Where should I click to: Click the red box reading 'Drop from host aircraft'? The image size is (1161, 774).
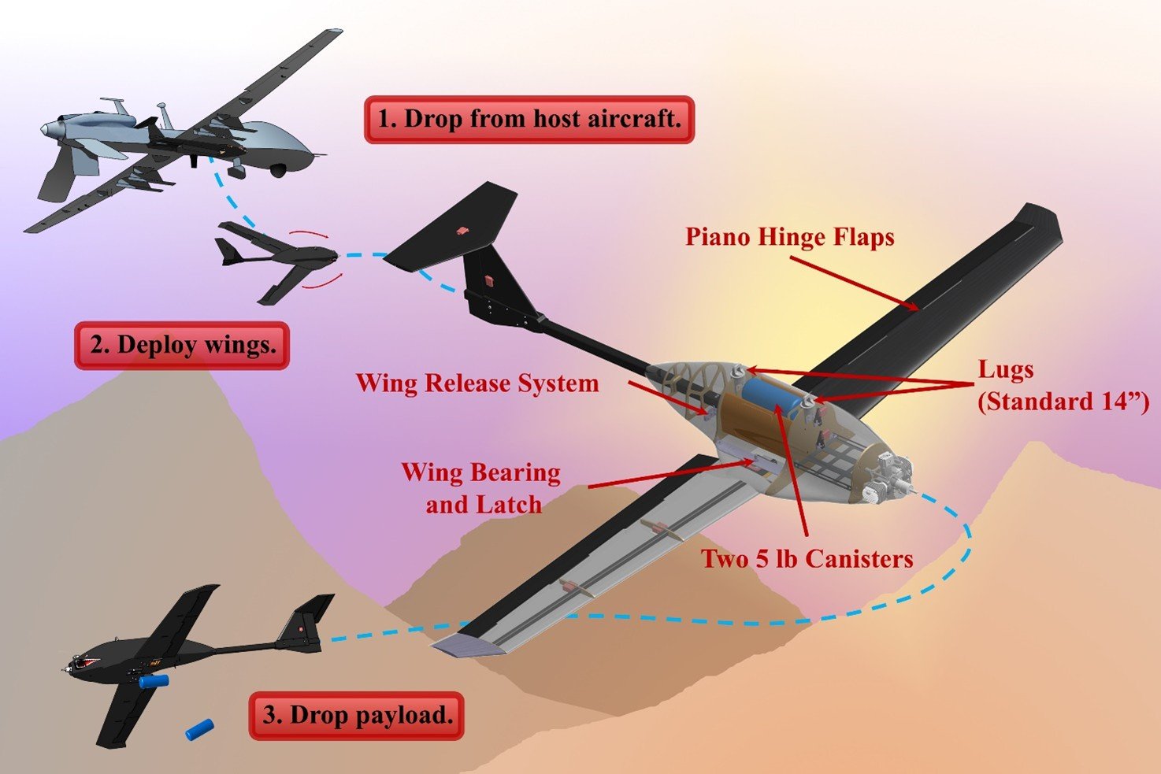[529, 120]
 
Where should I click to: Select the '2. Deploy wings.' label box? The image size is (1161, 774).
[182, 345]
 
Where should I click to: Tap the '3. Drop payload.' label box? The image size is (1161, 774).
[357, 715]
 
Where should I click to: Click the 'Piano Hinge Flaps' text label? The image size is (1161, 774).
[789, 237]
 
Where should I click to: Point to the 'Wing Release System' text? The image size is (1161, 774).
[477, 383]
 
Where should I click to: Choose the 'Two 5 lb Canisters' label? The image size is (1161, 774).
[807, 559]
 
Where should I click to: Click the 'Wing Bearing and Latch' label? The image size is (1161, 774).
[481, 488]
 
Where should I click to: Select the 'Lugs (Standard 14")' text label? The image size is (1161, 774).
[1063, 386]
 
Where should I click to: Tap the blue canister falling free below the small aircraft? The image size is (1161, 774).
[199, 729]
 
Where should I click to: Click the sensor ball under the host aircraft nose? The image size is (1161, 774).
[278, 169]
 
